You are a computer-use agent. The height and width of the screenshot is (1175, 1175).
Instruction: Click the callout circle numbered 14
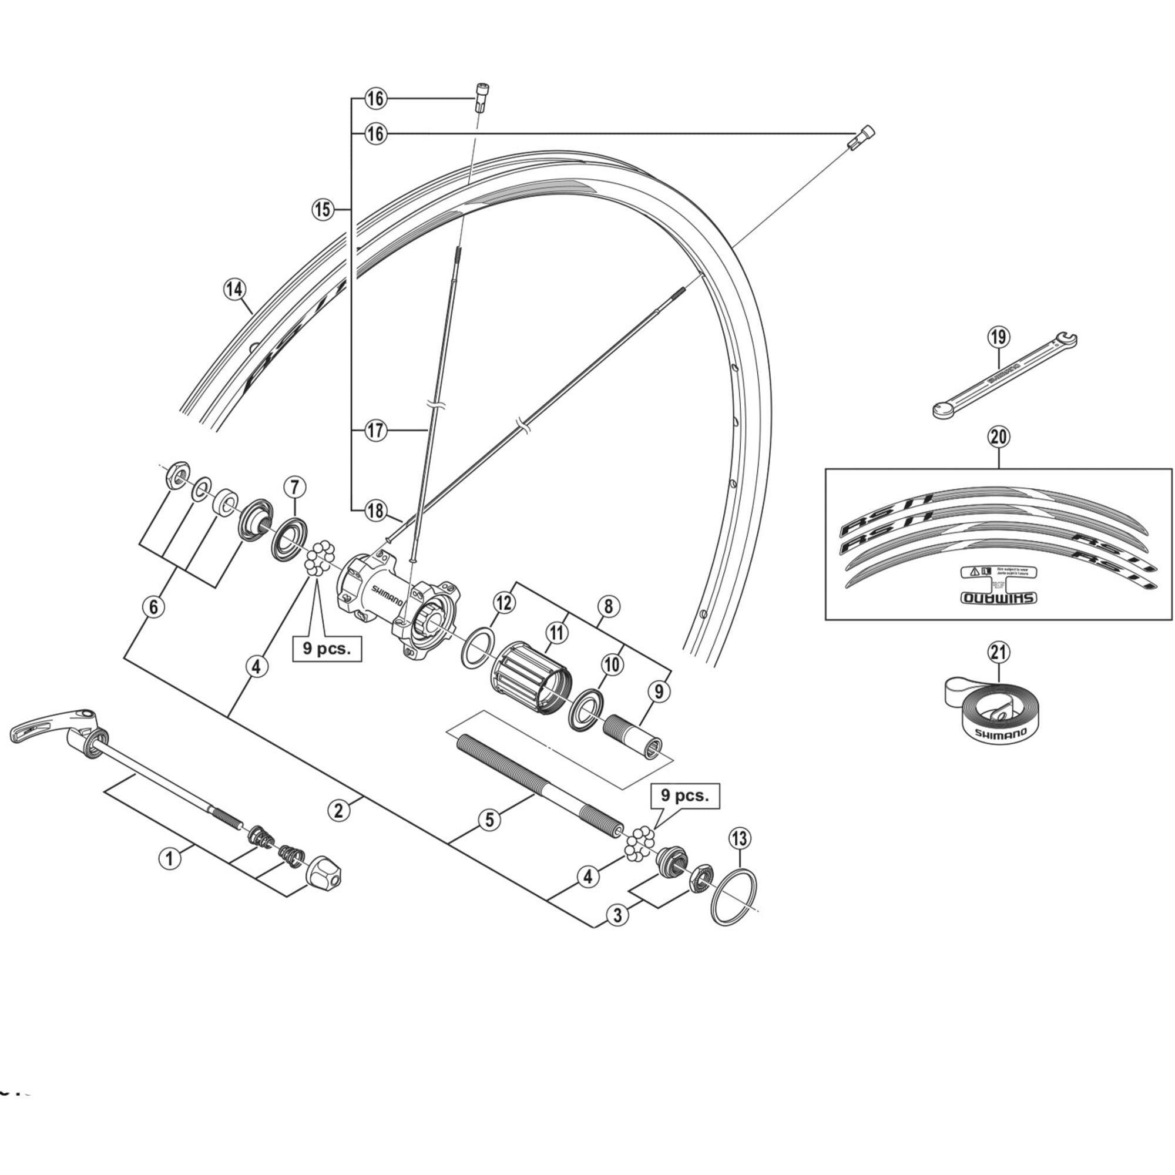235,289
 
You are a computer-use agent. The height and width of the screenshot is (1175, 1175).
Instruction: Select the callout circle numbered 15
323,210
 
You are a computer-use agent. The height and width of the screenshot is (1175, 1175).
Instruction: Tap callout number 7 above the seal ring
294,486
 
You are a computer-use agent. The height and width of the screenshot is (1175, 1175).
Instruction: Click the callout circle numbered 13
739,839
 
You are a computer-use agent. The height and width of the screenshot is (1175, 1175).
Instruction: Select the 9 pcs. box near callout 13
685,795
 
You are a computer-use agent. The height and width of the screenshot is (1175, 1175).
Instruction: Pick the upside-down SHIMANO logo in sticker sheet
998,598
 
